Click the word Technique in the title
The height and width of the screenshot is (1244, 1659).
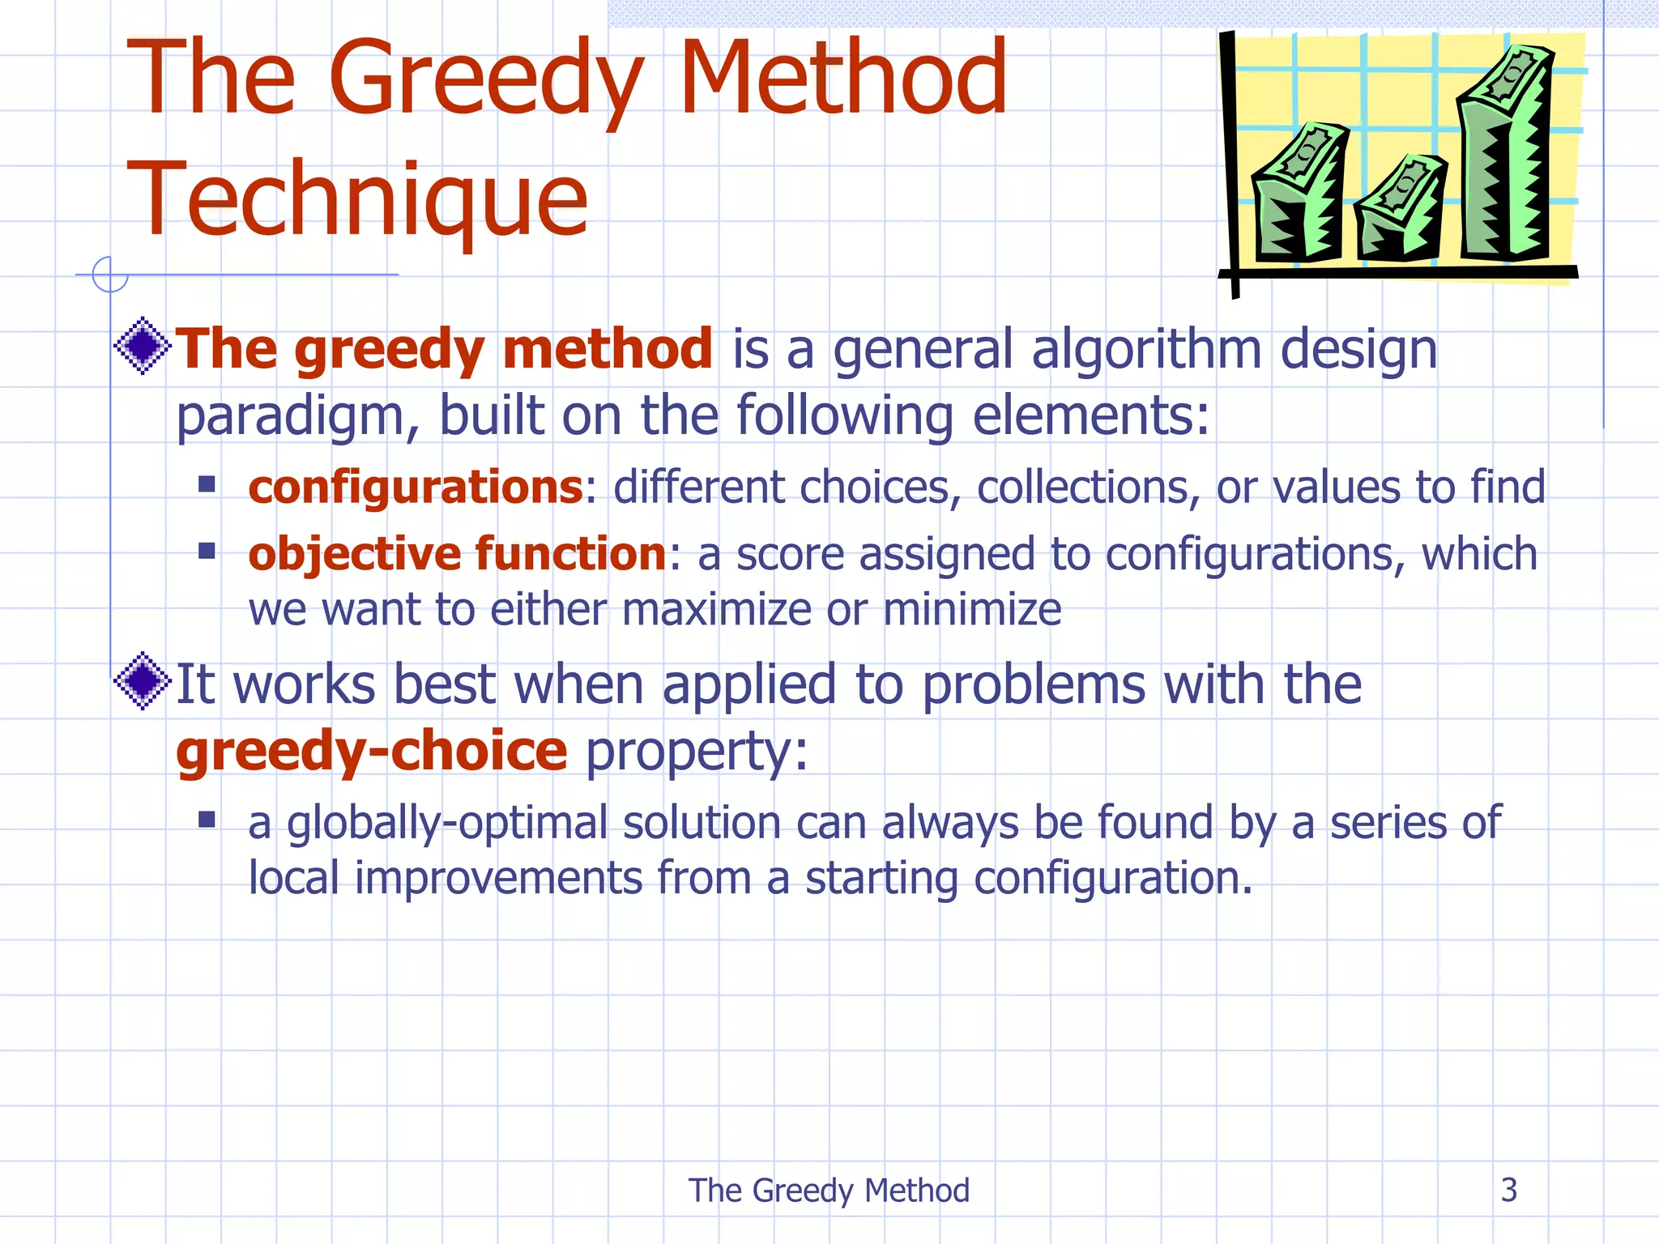357,200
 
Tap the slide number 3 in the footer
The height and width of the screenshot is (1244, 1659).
1508,1190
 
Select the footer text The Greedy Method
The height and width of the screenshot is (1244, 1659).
829,1191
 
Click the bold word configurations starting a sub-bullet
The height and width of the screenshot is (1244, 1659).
415,488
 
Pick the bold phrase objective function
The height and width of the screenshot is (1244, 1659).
457,555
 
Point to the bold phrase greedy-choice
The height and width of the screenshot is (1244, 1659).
372,751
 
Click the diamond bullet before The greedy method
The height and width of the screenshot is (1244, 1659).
143,346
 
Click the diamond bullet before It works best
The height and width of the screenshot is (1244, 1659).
143,681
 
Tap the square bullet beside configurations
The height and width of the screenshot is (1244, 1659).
207,484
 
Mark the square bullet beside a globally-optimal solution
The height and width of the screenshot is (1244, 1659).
207,820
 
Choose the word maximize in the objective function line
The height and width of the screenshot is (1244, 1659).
716,610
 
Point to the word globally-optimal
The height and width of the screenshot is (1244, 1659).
447,824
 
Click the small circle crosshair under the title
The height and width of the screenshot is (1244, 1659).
109,275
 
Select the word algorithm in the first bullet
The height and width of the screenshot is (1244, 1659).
1146,350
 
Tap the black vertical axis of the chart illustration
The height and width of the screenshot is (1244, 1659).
1230,162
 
